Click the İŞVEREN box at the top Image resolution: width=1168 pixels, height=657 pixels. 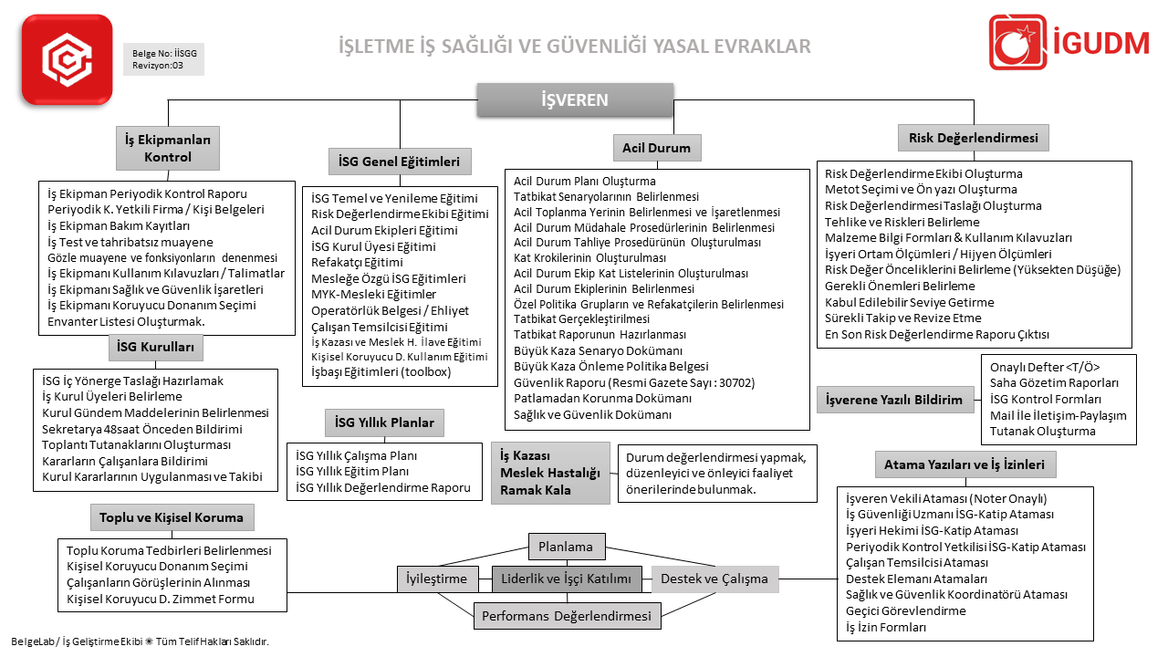pos(575,100)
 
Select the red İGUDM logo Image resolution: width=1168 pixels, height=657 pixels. pos(1069,43)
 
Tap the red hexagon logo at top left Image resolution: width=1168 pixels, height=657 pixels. pos(68,59)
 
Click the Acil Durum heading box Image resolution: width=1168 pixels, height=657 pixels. pos(656,148)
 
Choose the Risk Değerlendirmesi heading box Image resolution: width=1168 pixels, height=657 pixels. pos(974,138)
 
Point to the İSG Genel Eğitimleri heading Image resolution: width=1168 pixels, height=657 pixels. pos(399,162)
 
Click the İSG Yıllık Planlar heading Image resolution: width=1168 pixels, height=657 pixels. pos(384,422)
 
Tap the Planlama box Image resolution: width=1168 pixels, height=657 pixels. pos(566,547)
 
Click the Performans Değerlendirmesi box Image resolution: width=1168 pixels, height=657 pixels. pos(567,615)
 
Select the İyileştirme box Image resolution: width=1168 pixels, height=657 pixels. pos(437,579)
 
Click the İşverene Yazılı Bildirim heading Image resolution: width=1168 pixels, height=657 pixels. pos(893,400)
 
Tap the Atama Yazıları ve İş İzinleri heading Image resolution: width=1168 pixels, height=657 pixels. pos(965,464)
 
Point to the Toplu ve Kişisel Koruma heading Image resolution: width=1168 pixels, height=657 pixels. pos(172,517)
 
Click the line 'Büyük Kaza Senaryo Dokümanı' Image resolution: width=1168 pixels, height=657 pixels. pos(598,350)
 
